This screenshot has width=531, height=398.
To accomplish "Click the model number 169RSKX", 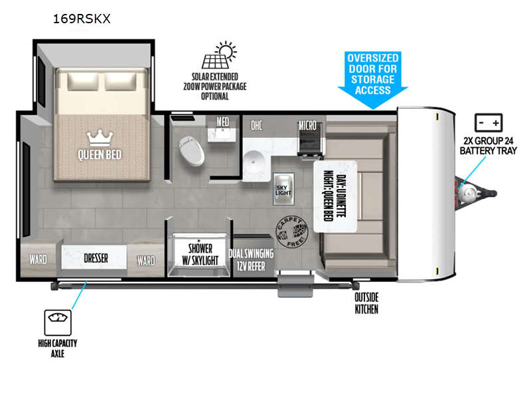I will coord(81,19).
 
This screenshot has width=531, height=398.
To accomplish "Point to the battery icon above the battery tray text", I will coord(489,123).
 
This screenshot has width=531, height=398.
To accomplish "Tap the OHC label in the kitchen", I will coord(257,125).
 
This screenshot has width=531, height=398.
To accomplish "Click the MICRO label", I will coord(307,125).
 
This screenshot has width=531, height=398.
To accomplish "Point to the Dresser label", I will coord(96,258).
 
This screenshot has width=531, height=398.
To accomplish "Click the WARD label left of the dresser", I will coord(38,259).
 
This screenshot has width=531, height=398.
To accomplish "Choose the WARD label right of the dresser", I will coord(145,261).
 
